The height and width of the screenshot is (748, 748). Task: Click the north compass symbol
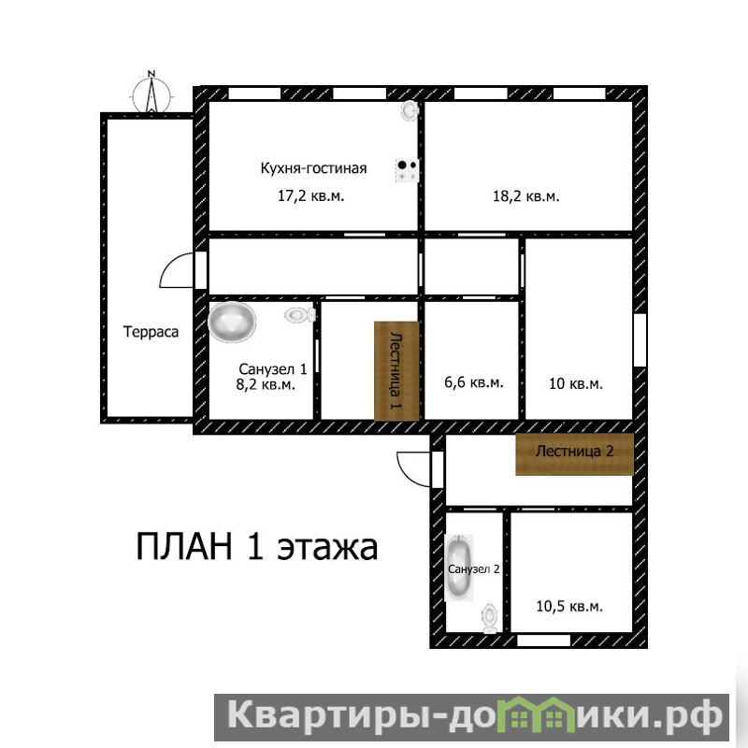[x=151, y=93]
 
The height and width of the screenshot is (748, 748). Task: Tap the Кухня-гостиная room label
[x=313, y=168]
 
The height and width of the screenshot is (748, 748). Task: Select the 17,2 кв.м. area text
[x=311, y=195]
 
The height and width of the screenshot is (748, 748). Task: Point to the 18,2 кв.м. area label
[x=525, y=196]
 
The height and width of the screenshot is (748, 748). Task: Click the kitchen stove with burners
[x=407, y=170]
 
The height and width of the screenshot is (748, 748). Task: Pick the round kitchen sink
[x=410, y=110]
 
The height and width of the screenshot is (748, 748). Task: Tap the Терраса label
[x=151, y=332]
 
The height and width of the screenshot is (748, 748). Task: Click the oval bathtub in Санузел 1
[x=232, y=322]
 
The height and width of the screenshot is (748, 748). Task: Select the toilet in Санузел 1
[x=300, y=315]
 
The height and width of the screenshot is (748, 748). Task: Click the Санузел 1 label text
[x=272, y=368]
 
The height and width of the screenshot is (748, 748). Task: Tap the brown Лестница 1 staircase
[x=396, y=371]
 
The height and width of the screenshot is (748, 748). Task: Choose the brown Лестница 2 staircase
[x=574, y=454]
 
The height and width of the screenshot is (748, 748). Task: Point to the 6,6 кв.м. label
[x=474, y=382]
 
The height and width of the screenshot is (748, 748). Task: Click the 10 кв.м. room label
[x=576, y=383]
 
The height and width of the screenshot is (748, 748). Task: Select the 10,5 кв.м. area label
[x=569, y=606]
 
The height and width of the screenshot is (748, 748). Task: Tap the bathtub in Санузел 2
[x=459, y=568]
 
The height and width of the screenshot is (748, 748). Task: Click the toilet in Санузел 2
[x=490, y=619]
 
